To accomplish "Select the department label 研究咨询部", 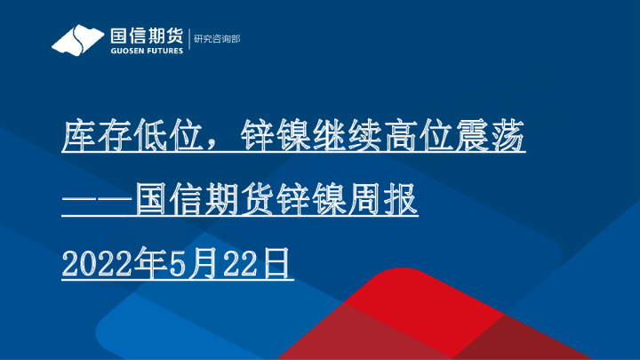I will coord(217,40).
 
